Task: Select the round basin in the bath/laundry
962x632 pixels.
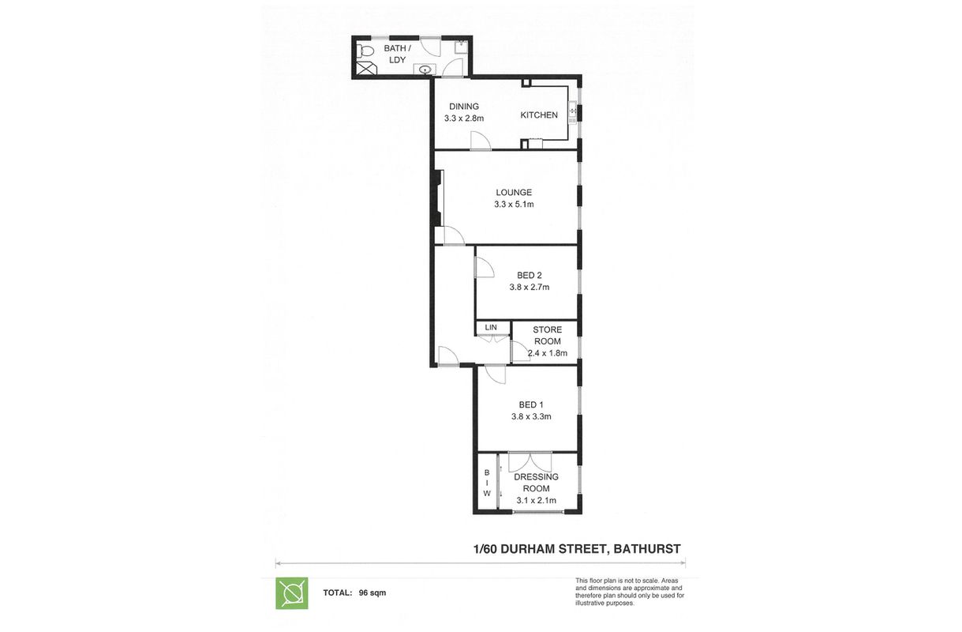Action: click(426, 70)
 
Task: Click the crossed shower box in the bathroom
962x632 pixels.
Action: click(365, 69)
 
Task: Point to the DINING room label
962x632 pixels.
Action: click(464, 107)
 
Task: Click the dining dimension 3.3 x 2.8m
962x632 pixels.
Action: click(464, 118)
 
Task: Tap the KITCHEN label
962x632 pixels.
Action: click(539, 115)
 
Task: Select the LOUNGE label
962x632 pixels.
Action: click(514, 192)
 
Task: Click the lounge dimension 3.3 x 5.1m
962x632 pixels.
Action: click(514, 205)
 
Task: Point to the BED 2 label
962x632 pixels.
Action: click(529, 275)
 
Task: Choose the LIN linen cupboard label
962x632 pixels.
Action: click(491, 327)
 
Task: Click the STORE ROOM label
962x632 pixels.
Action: click(547, 336)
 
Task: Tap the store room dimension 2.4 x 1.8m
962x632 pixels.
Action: click(548, 353)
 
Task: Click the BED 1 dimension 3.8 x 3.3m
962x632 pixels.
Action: click(530, 416)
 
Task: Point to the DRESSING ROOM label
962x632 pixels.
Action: click(536, 482)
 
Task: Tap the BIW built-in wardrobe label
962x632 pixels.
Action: click(487, 482)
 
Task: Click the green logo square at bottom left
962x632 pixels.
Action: click(291, 593)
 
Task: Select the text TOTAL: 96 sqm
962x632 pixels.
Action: click(354, 592)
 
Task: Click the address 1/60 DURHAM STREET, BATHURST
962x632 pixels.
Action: click(576, 548)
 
